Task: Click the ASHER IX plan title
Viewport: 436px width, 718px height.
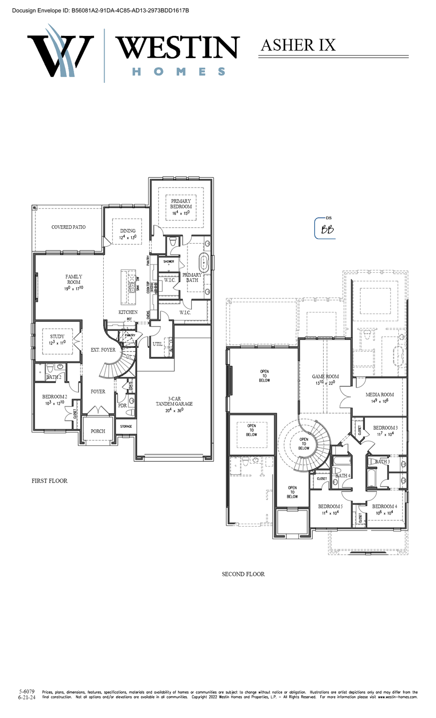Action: coord(298,45)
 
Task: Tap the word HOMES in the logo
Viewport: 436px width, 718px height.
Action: coord(179,72)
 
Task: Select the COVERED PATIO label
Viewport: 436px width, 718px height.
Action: coord(68,227)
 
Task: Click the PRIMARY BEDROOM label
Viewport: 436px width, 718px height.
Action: coord(181,204)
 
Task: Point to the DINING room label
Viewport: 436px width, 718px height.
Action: coord(128,231)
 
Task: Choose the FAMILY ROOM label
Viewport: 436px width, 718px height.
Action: coord(74,280)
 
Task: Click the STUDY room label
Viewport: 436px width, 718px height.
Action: coord(57,336)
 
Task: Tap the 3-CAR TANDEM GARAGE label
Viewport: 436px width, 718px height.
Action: coord(174,401)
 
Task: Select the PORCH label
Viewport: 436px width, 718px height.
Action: coord(98,431)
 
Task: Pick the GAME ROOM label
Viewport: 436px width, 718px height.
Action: coord(326,376)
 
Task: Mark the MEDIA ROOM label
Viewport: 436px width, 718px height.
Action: coord(379,394)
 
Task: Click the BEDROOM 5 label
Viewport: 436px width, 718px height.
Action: coord(330,506)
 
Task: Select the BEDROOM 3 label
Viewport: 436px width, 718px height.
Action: coord(385,428)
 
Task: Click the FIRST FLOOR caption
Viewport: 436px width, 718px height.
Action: coord(49,481)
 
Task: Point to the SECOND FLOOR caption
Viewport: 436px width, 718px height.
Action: coord(243,574)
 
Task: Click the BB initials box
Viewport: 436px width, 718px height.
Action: coord(327,229)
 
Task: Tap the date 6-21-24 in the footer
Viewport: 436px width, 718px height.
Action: coord(27,698)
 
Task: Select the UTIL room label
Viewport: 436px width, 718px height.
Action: coord(157,344)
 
